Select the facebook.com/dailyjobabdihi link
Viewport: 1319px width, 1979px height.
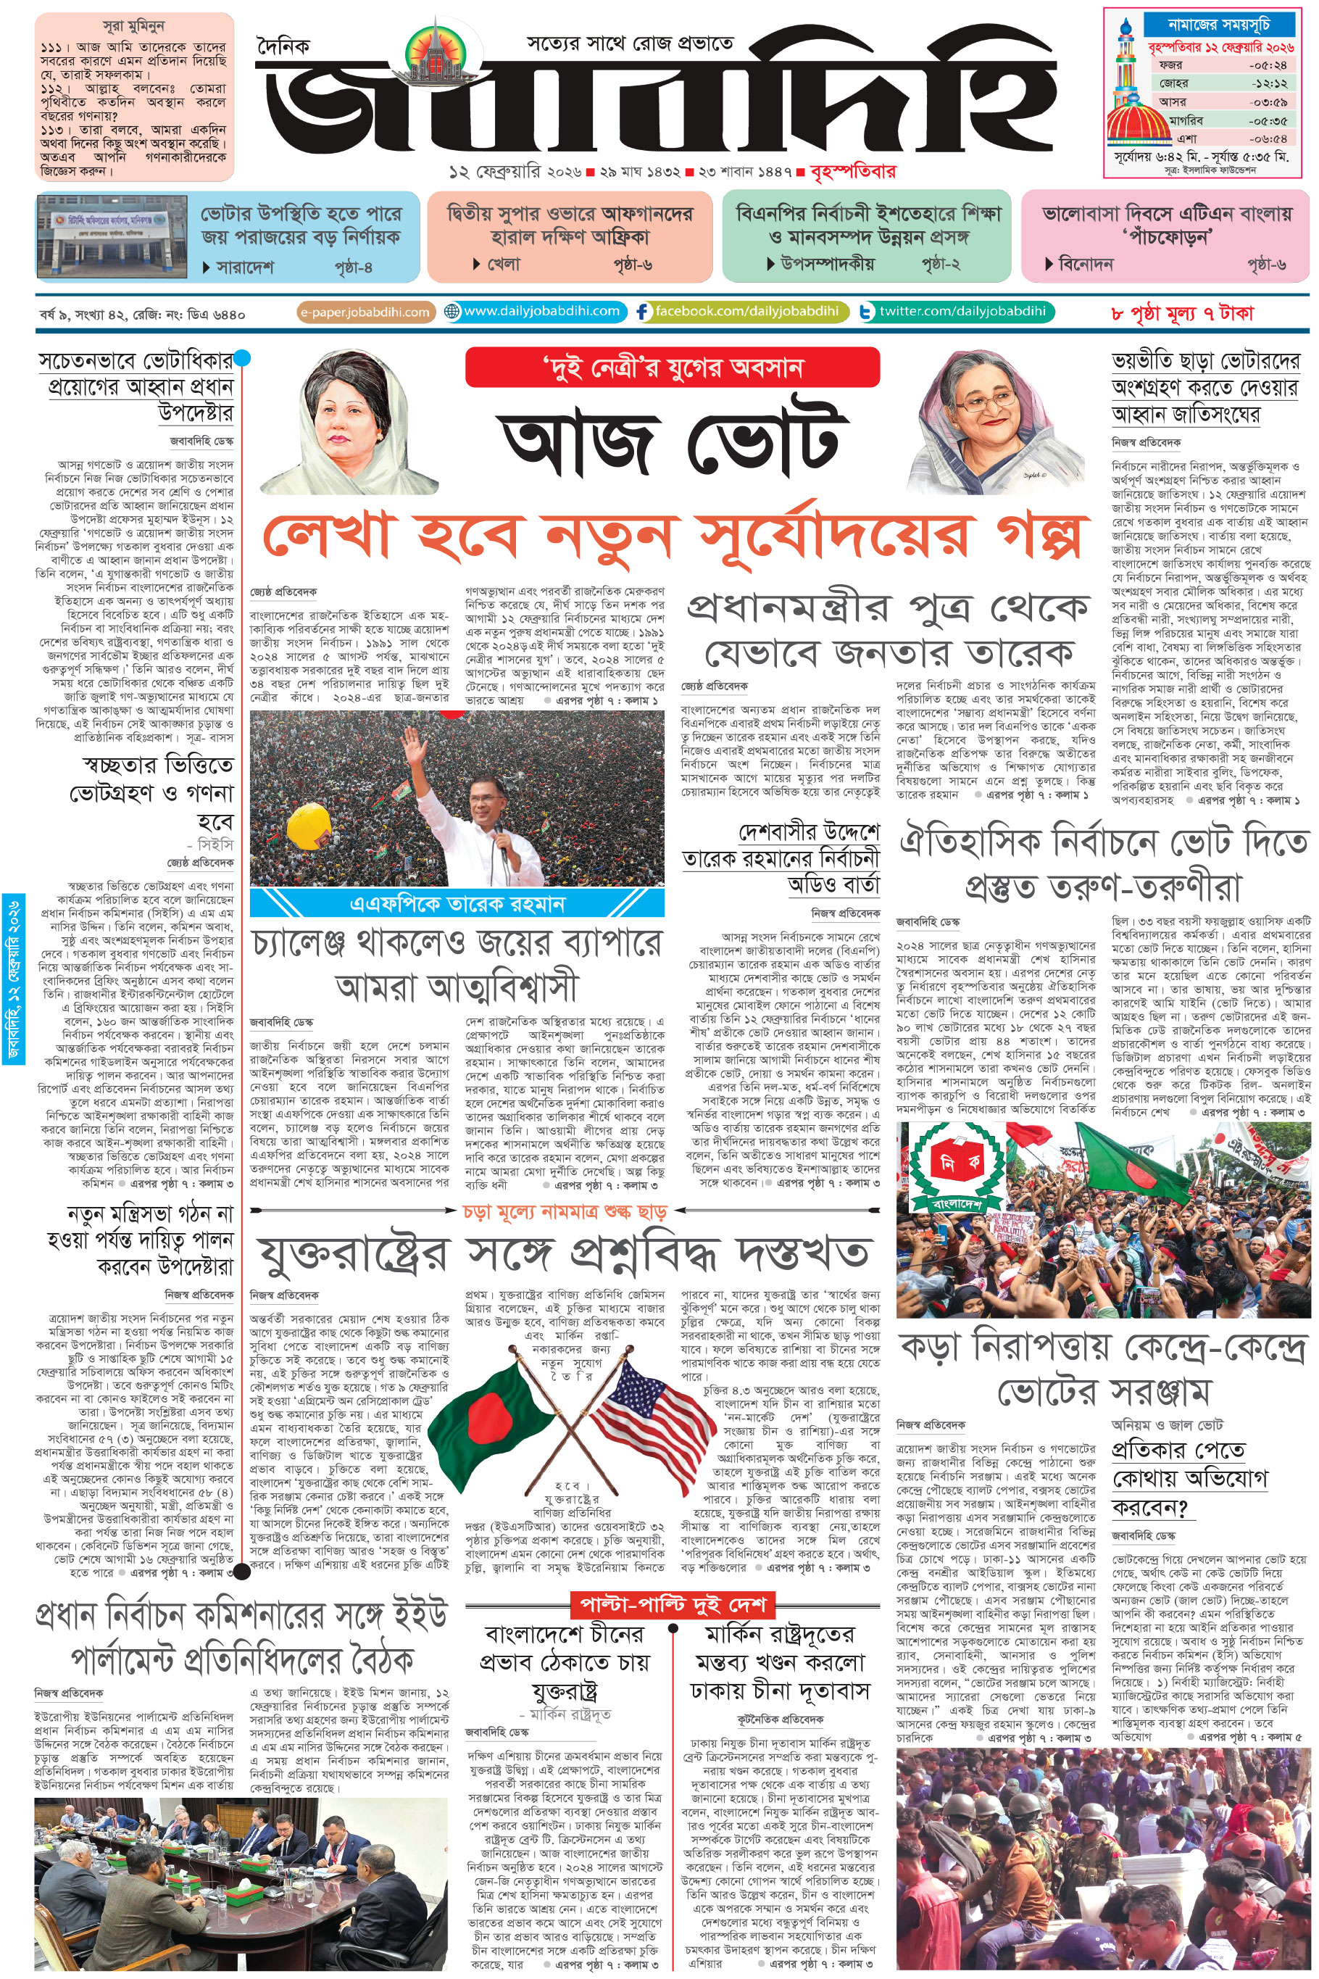tap(738, 311)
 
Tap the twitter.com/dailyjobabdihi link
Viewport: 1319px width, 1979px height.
tap(954, 311)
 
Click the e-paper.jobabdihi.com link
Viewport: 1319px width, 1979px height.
tap(365, 312)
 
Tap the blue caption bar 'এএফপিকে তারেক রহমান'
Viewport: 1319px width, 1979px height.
tap(457, 904)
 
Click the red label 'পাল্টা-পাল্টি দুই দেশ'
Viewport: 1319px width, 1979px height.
tap(671, 1604)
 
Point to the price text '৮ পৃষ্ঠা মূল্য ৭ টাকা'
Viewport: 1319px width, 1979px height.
tap(1182, 314)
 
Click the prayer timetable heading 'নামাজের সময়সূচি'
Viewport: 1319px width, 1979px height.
tap(1218, 25)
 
